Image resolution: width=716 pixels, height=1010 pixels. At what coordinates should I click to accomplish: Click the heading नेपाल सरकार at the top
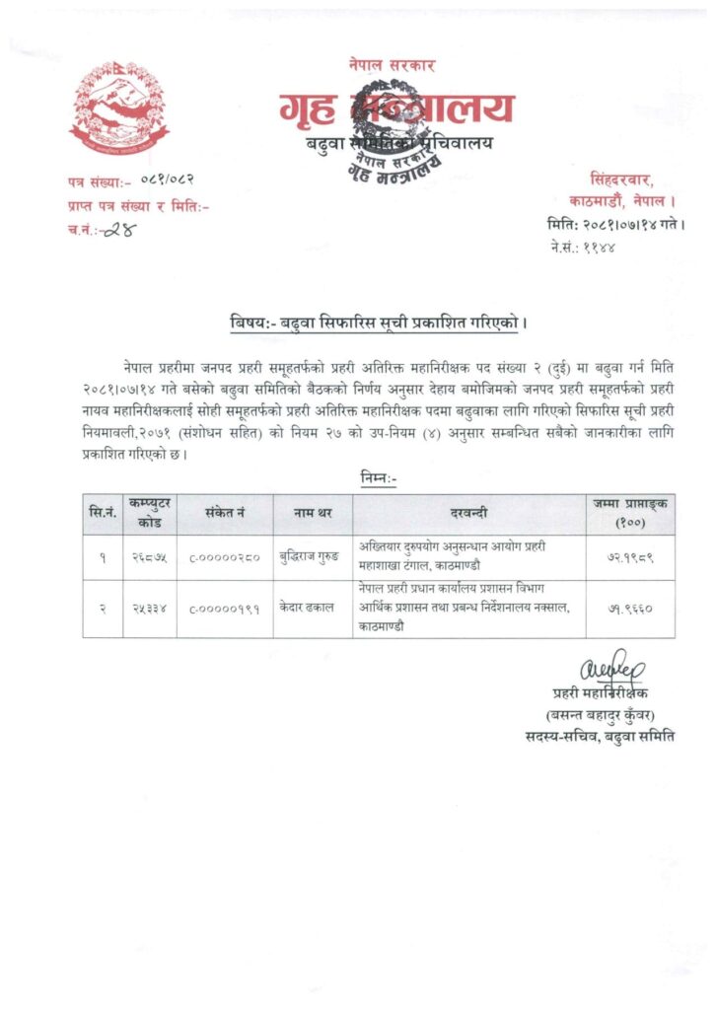pos(391,65)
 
